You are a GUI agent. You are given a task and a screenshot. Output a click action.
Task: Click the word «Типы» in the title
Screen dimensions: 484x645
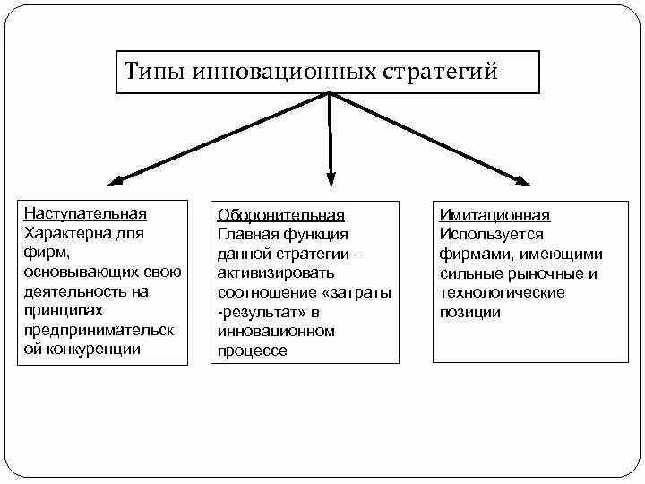[154, 72]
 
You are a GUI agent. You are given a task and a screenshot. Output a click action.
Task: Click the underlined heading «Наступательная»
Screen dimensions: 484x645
[85, 214]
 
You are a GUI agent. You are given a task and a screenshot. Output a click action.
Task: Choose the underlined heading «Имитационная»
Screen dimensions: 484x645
[494, 216]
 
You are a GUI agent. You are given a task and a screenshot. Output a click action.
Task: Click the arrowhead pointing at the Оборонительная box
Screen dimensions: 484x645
[331, 178]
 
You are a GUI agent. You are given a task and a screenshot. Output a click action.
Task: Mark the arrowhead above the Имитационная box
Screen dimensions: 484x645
[521, 179]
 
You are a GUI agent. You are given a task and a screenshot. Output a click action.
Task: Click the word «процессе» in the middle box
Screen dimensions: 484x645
[252, 351]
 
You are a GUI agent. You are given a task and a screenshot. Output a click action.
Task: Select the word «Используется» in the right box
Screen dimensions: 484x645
[492, 234]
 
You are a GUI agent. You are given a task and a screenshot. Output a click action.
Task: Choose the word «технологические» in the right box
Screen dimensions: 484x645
[502, 293]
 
